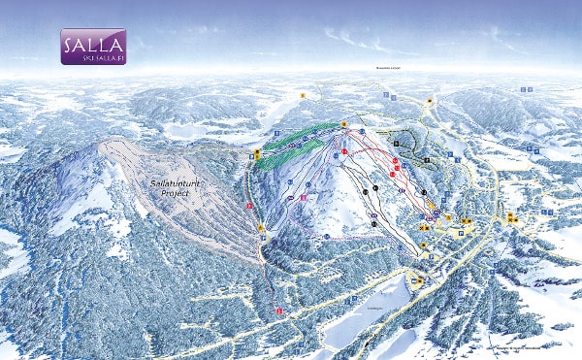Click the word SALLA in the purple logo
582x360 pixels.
[92, 43]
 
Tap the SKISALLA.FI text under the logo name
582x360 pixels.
[92, 57]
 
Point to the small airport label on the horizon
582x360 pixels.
[389, 69]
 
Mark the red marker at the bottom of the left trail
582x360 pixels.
[278, 310]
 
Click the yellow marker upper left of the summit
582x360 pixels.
[303, 95]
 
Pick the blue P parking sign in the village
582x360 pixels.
[495, 264]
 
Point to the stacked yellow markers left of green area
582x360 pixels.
[257, 153]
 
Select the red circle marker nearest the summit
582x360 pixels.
[346, 152]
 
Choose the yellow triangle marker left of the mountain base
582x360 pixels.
[260, 228]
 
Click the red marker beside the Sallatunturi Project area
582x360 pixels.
[250, 206]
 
